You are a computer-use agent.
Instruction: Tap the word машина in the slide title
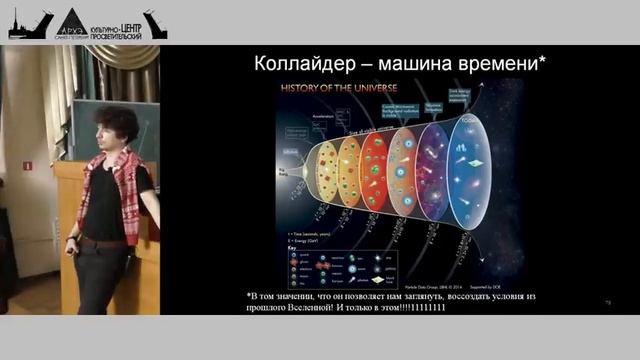pos(420,64)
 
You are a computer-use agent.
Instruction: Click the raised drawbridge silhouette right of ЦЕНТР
pos(156,24)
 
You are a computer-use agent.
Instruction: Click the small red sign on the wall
pos(27,165)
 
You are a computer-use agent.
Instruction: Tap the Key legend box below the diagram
pos(350,262)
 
